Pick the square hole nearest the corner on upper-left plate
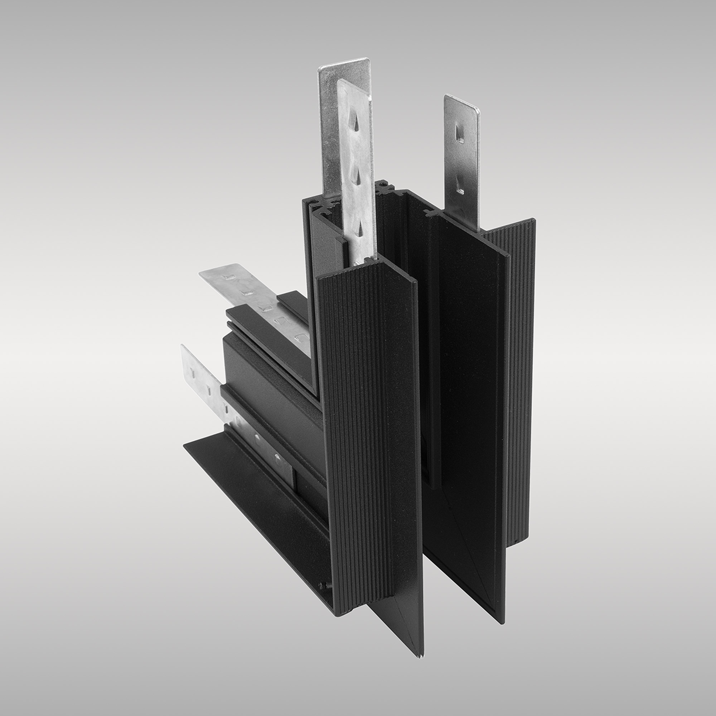point(300,338)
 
